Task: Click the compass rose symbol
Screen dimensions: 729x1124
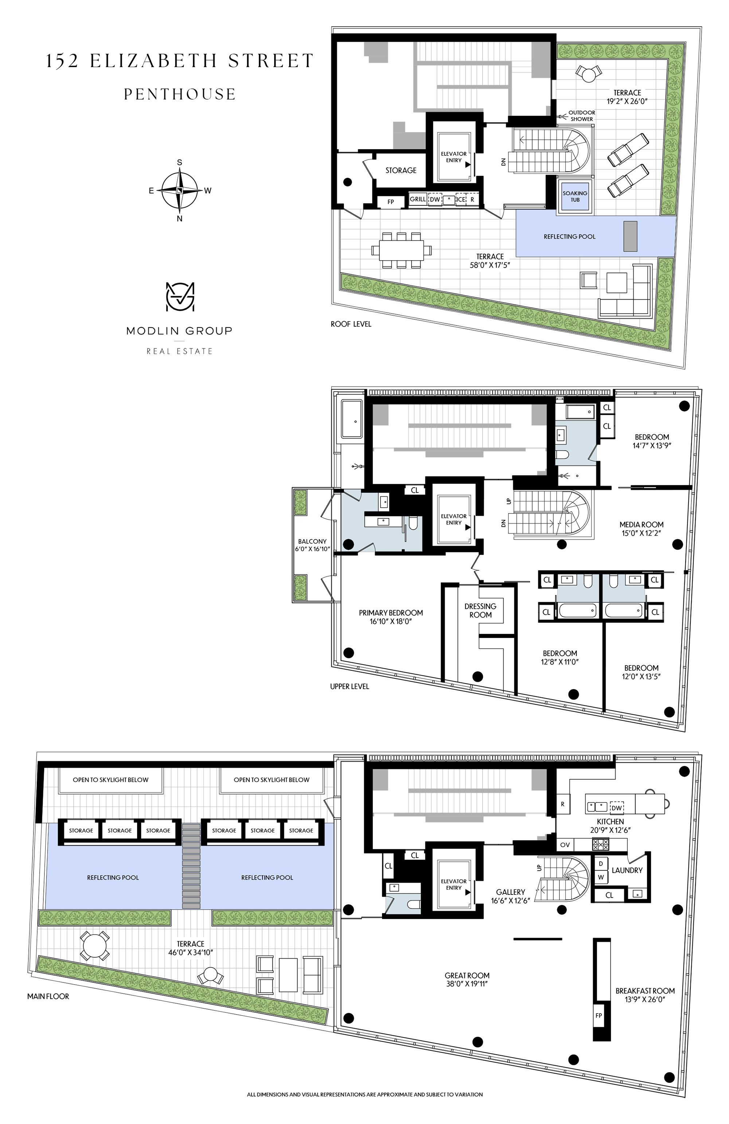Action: pos(179,190)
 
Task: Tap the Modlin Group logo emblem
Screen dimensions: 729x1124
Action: pos(180,297)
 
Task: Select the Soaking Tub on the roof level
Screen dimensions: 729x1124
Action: pos(575,196)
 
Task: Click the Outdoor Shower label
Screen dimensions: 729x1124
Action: pos(581,116)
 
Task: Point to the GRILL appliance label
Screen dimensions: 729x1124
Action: pos(418,199)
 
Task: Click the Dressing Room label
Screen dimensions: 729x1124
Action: pos(480,610)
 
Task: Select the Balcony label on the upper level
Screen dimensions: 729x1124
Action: pos(312,541)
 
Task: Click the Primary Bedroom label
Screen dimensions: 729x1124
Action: pos(391,612)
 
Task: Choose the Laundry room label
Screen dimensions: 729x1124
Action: pos(627,870)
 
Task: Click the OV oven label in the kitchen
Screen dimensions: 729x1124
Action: pos(565,845)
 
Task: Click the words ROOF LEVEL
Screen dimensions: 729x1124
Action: pos(351,324)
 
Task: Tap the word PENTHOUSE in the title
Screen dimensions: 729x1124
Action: pos(180,94)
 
